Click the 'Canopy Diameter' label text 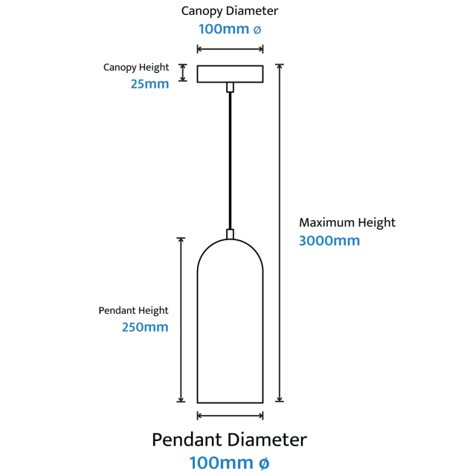[230, 12]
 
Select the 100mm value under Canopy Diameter [224, 29]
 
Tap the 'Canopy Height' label [136, 68]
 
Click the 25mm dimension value [149, 84]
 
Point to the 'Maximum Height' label [347, 223]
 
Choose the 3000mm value [329, 241]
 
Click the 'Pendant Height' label [133, 311]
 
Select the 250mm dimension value [145, 327]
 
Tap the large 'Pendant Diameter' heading [230, 440]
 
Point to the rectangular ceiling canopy [230, 74]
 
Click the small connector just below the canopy [230, 87]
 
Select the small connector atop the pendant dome [230, 234]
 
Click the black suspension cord [230, 161]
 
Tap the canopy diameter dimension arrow [230, 49]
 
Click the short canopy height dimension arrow [182, 73]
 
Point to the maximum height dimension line [280, 233]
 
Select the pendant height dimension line [181, 320]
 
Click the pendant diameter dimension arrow [230, 416]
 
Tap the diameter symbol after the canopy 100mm [257, 30]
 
